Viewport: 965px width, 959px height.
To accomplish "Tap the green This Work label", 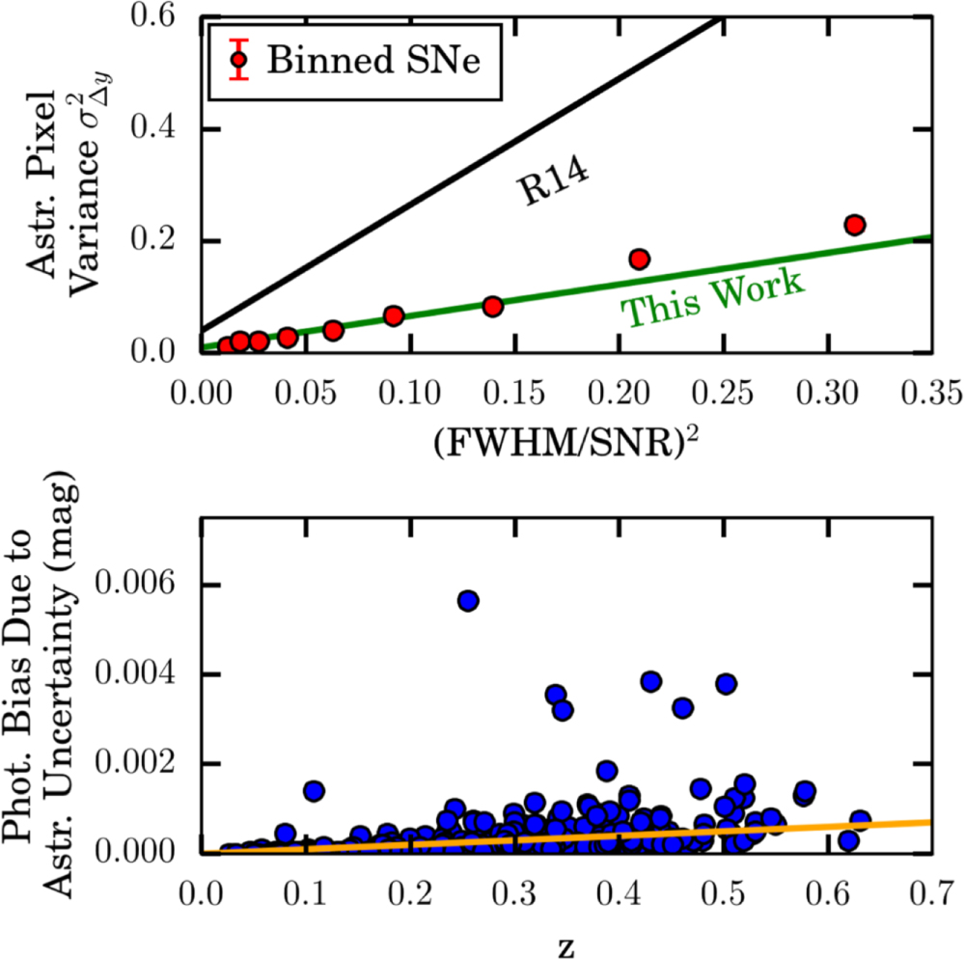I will coord(712,298).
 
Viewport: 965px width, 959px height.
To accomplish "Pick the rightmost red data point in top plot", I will coord(853,225).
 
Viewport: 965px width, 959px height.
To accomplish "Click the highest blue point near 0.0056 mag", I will coord(468,600).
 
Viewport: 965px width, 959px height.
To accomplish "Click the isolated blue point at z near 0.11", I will coord(313,791).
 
